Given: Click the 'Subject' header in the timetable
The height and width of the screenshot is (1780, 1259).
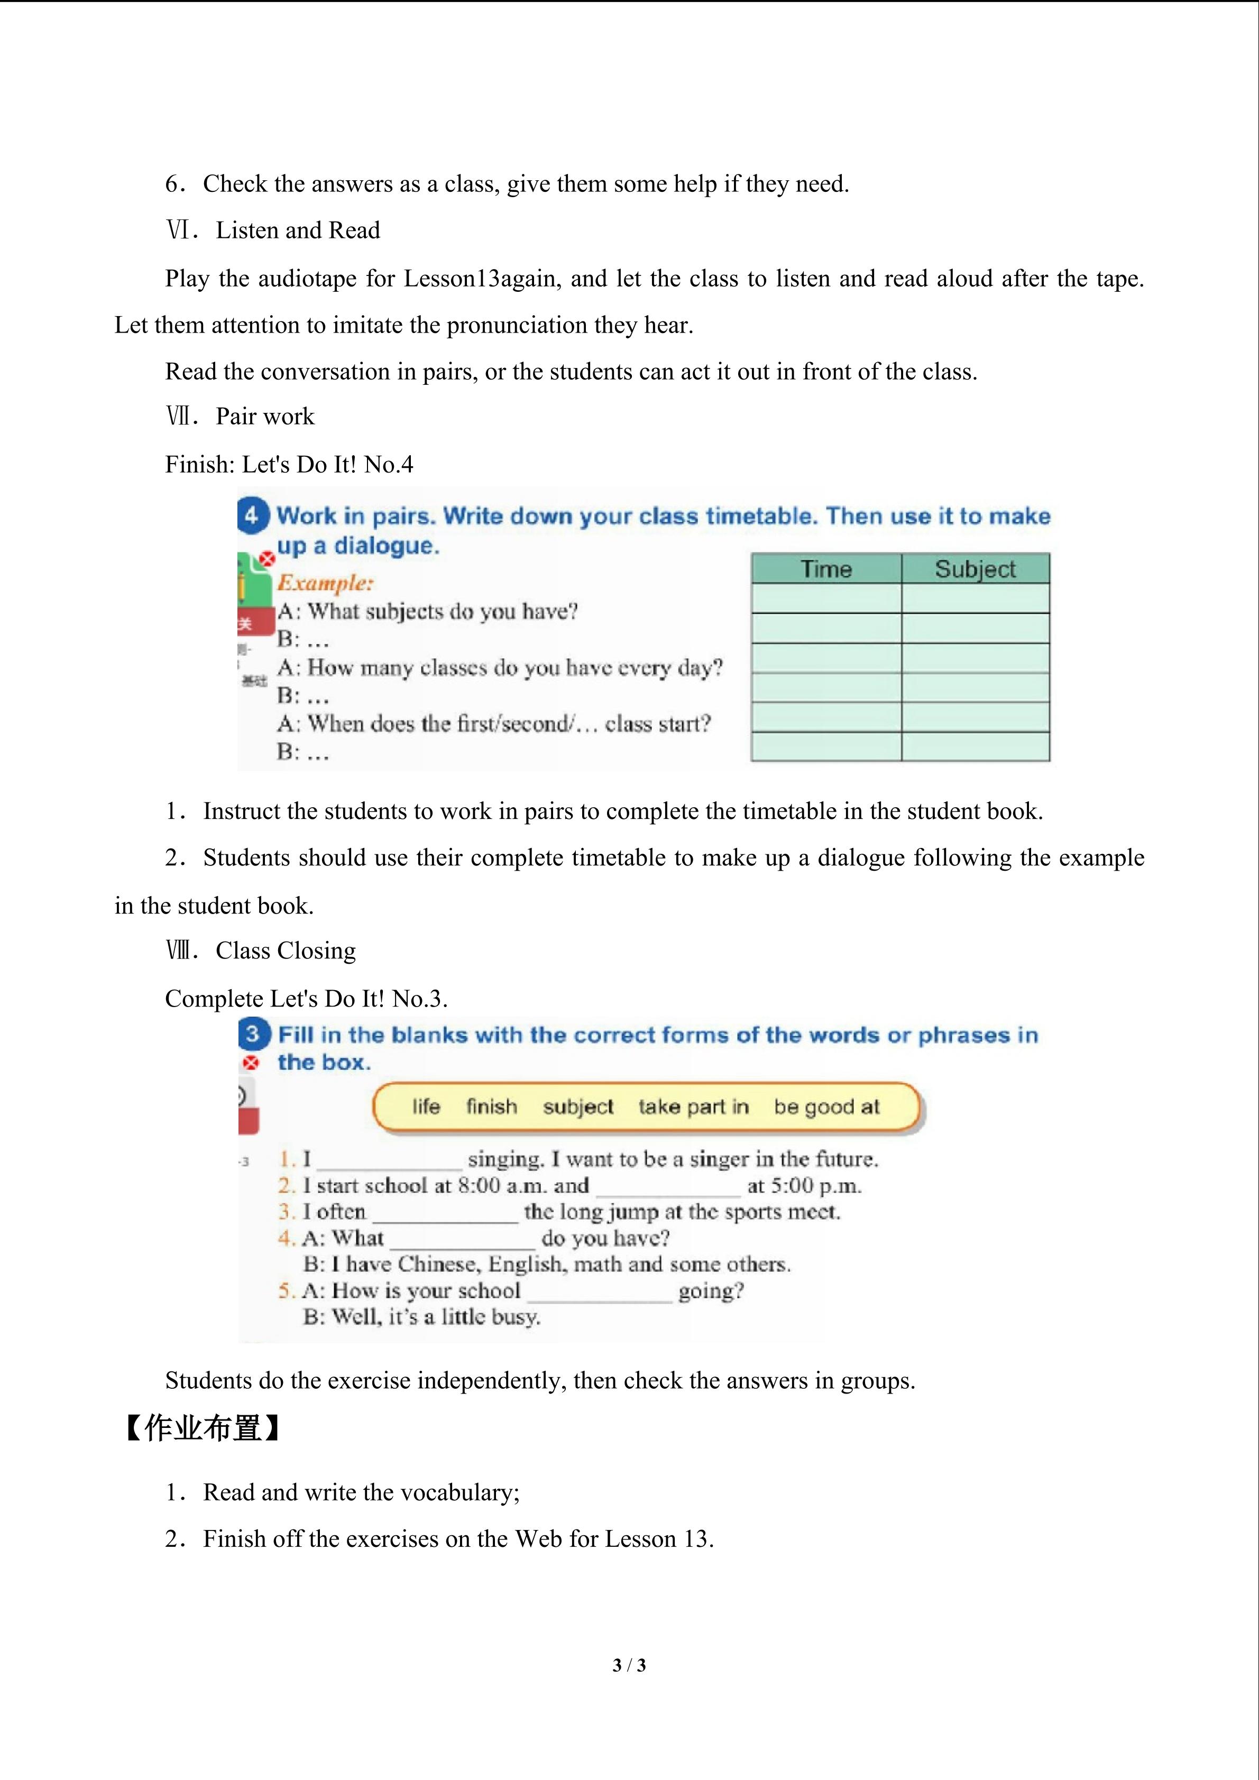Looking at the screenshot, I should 975,569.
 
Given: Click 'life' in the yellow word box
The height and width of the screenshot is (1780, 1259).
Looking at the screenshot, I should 426,1106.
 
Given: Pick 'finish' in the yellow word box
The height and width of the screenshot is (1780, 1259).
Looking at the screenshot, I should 492,1106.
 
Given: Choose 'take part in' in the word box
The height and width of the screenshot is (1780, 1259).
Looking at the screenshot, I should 693,1106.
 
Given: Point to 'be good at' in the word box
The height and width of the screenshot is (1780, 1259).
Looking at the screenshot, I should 826,1106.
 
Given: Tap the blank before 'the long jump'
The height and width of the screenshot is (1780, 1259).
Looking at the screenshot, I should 445,1214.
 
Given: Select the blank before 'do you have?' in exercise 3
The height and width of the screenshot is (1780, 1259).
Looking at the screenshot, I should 462,1240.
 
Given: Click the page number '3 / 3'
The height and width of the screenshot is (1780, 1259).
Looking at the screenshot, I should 629,1665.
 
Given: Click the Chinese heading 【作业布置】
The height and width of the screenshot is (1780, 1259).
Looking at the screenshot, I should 201,1427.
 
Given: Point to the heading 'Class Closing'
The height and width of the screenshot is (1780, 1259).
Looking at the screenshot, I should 286,951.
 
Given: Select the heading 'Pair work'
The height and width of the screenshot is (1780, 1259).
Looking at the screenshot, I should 265,416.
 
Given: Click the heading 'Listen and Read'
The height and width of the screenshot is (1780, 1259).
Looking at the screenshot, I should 298,230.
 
